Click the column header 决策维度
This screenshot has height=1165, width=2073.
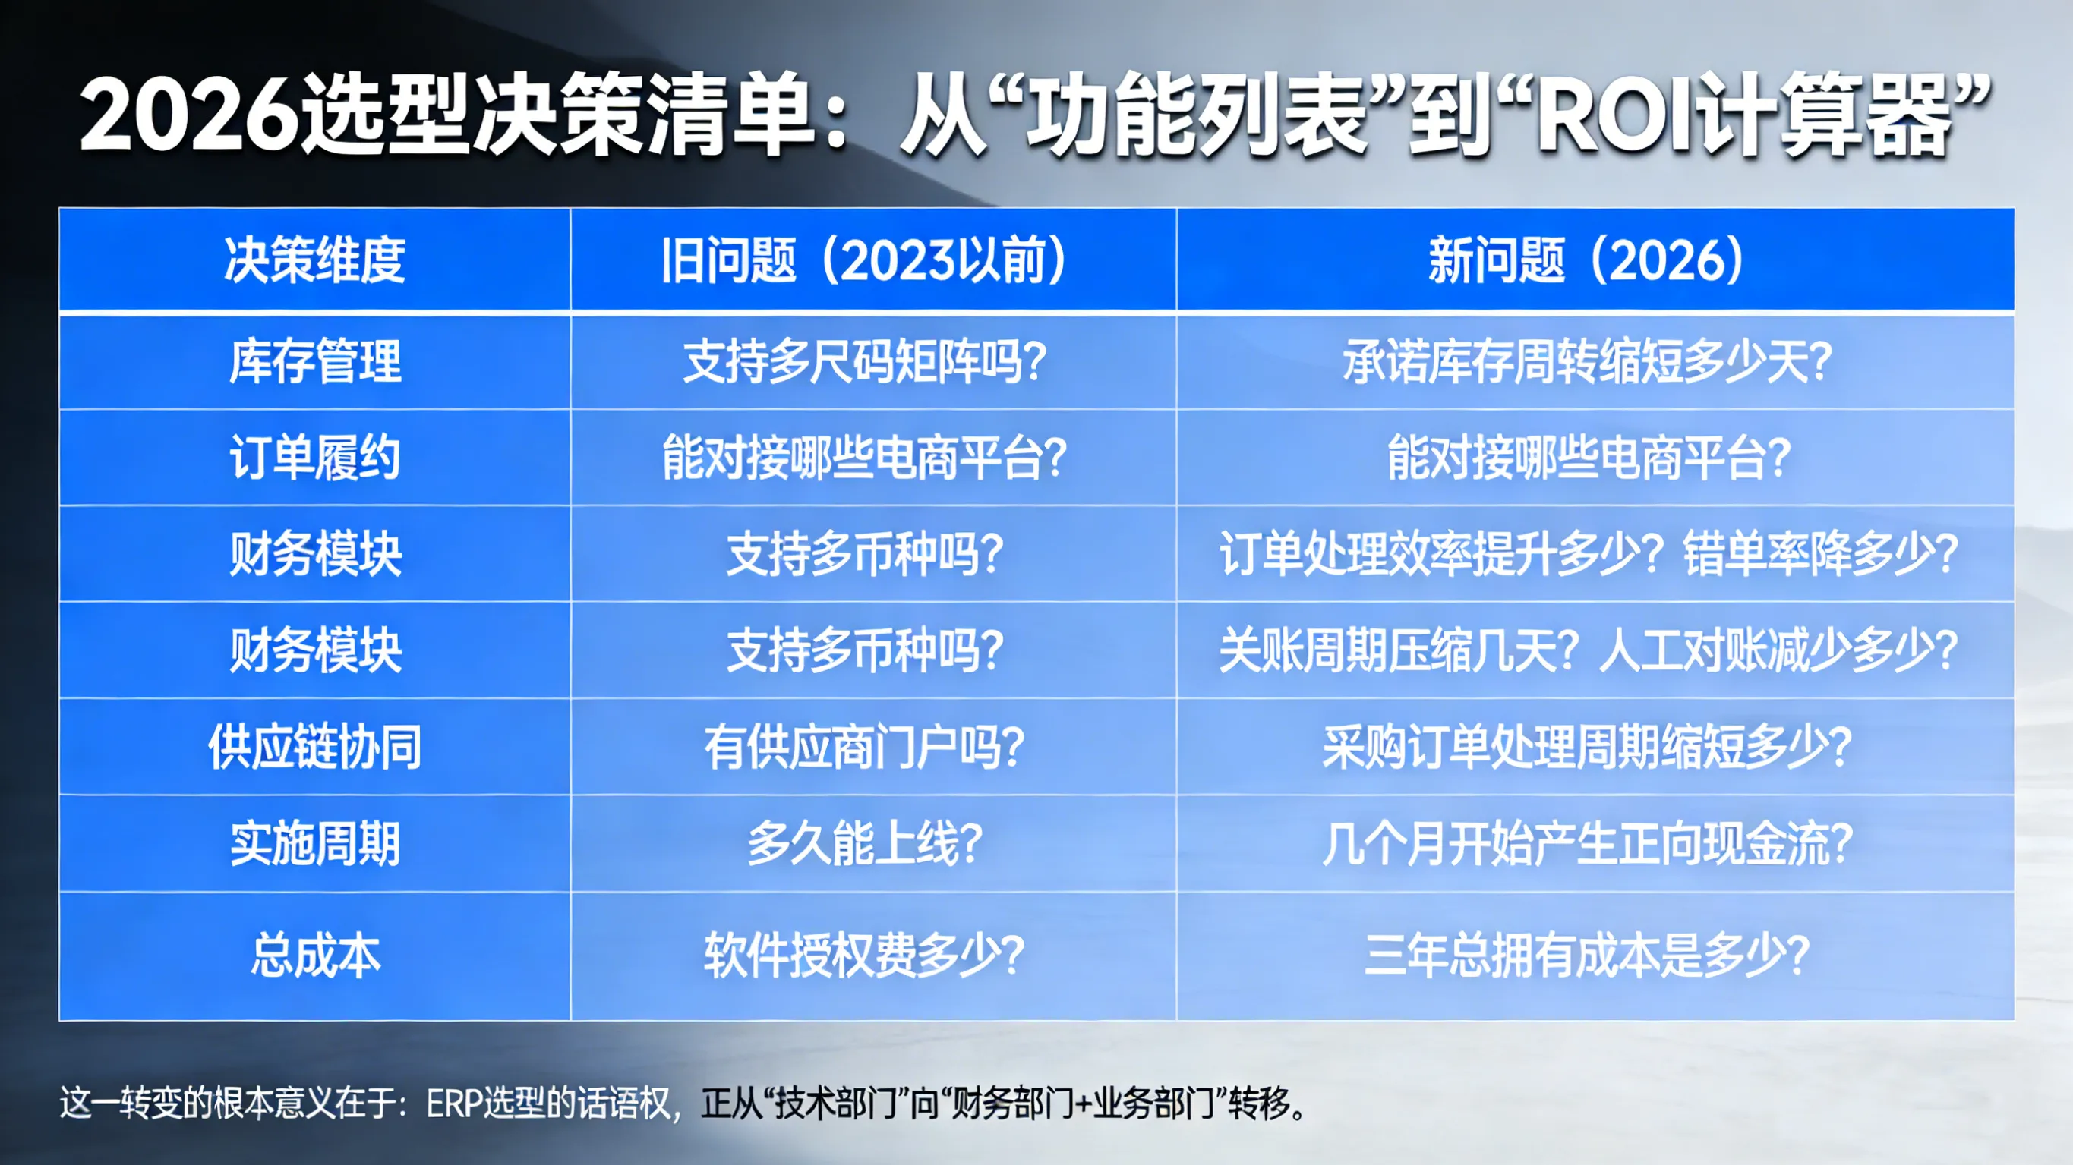314,260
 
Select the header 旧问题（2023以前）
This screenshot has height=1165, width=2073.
864,260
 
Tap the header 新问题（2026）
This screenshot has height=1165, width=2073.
1586,260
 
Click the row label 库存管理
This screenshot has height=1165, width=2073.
314,361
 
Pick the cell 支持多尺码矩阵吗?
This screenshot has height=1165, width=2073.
864,361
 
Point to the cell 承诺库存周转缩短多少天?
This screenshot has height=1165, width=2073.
1586,361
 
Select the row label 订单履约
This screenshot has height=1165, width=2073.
314,458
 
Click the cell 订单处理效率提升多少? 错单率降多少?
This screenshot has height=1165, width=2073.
1588,553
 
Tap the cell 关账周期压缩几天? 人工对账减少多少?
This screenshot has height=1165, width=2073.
1588,650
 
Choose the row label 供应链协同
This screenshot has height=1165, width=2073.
314,748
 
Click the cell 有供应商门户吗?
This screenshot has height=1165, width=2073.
864,748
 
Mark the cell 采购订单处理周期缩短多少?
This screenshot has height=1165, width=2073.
1586,748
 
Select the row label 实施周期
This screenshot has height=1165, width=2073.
314,844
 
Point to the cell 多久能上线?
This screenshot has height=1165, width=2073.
864,844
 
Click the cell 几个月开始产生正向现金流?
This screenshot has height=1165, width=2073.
1586,844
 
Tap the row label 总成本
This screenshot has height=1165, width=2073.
314,956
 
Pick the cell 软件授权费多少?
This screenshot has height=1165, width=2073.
864,956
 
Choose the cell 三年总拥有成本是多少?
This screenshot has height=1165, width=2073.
1586,956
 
